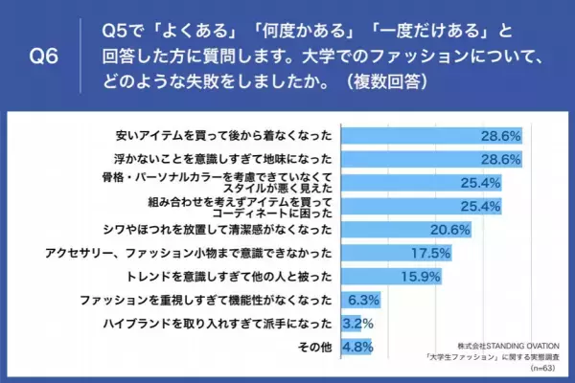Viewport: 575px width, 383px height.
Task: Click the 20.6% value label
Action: [449, 230]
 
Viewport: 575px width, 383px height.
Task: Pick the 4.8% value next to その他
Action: [357, 348]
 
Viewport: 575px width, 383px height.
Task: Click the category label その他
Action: [317, 348]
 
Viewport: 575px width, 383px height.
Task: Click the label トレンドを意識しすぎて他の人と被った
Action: [222, 278]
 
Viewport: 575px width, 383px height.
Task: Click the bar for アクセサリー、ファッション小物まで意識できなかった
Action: [383, 254]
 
